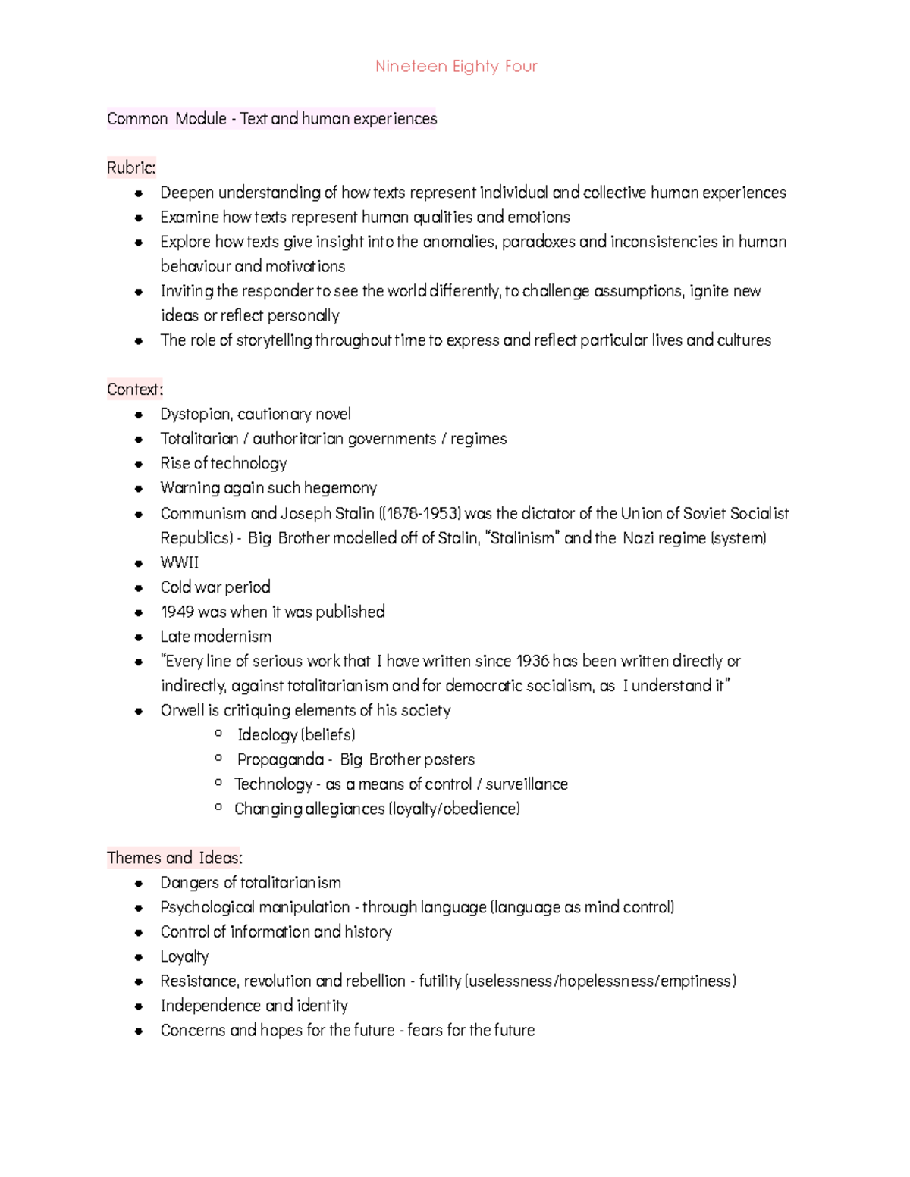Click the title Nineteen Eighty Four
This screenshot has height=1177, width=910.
[x=456, y=67]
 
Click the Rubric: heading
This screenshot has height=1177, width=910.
[x=131, y=167]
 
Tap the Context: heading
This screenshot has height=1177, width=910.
[x=135, y=390]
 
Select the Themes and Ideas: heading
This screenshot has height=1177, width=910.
[x=174, y=858]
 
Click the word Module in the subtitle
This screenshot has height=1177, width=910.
[x=201, y=119]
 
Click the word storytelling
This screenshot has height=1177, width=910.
[x=274, y=340]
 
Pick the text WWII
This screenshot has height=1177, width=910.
[x=179, y=562]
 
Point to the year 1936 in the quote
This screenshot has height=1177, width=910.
[x=532, y=661]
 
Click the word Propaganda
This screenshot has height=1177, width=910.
[x=280, y=759]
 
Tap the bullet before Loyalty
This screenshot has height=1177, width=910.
[x=138, y=957]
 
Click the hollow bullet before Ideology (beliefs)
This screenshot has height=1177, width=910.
[x=218, y=734]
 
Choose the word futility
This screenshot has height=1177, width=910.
[x=440, y=981]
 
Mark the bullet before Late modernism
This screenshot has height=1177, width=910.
[x=138, y=637]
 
